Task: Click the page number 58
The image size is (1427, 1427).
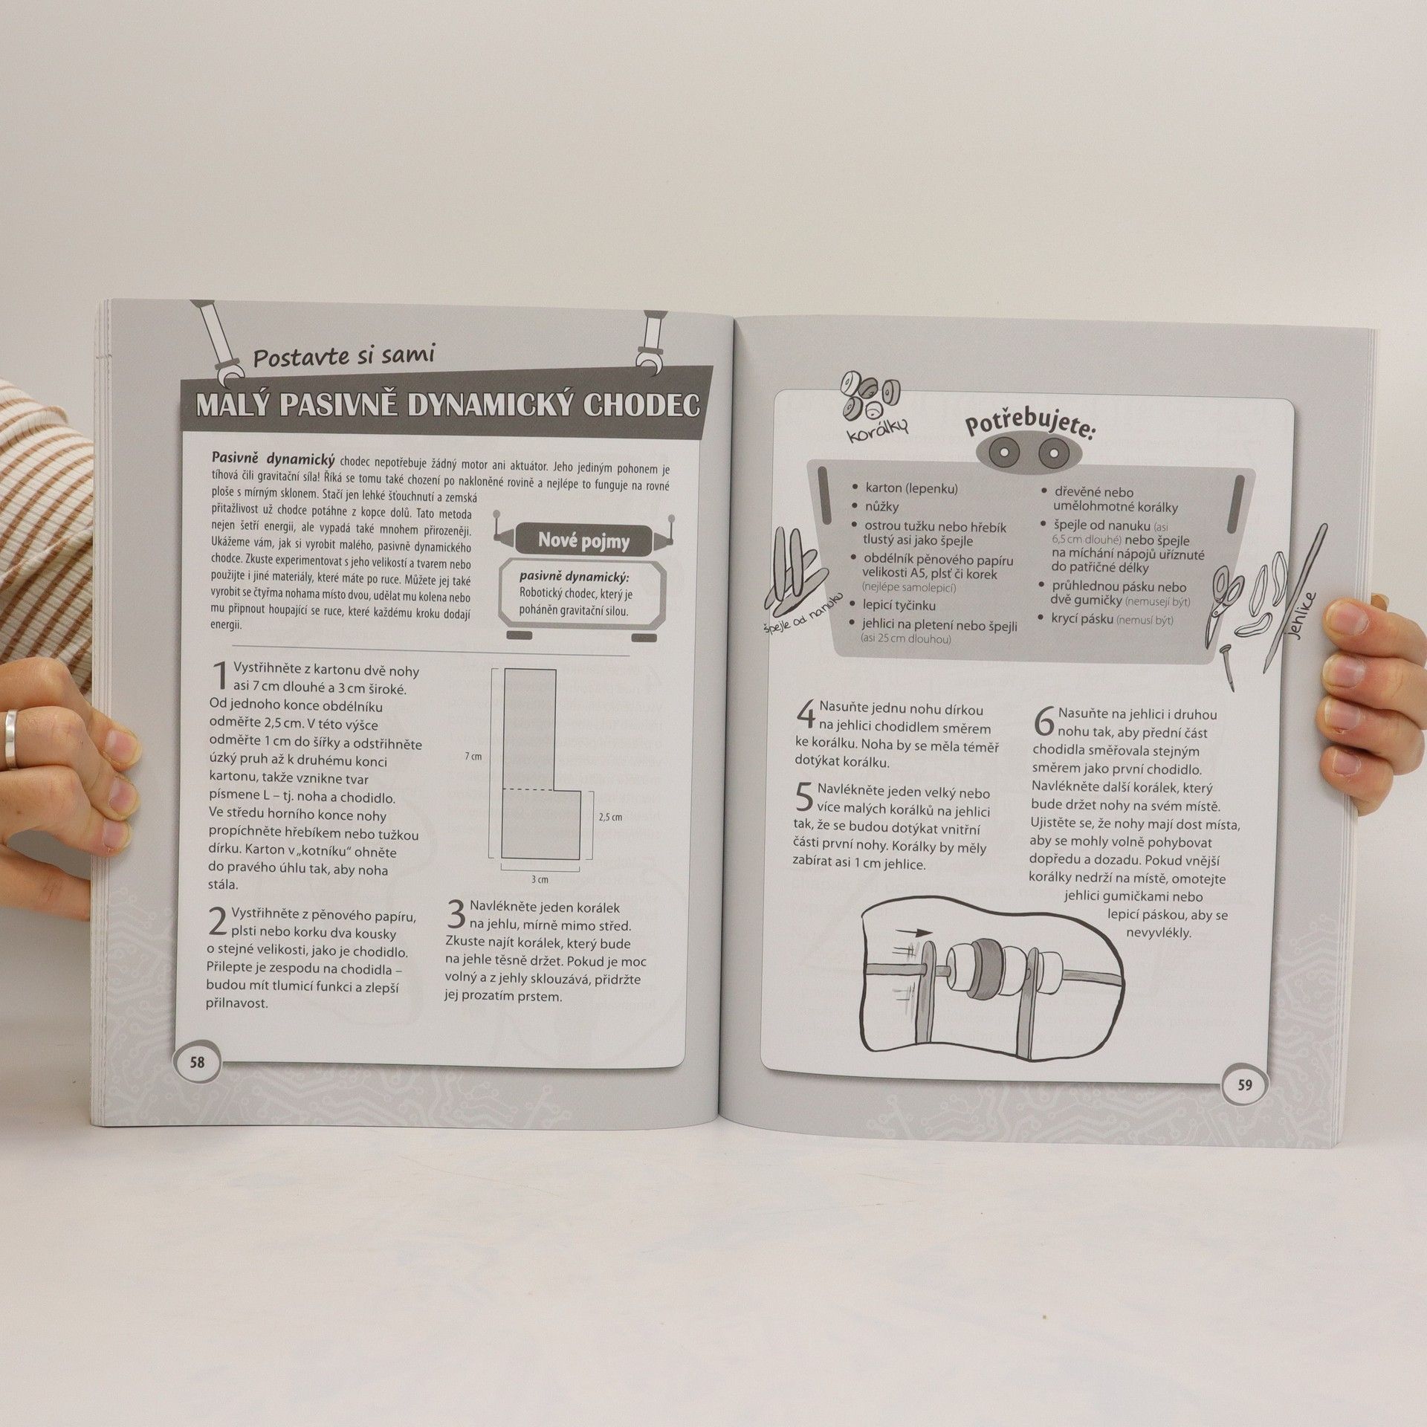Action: pos(196,1062)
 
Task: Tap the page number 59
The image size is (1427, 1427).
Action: pos(1246,1084)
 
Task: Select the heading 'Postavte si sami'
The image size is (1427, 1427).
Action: pos(344,357)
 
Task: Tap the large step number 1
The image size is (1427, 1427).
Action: pos(221,677)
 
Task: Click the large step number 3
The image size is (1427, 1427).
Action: pos(456,915)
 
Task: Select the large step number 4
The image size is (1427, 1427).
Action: pos(806,715)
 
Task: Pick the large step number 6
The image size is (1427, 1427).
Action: pos(1043,721)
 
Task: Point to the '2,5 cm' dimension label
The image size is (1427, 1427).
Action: pos(609,817)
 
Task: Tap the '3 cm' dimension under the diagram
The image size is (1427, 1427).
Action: pos(540,880)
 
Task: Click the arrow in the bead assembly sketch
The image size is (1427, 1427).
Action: pos(913,932)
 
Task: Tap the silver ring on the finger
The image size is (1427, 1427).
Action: pos(12,738)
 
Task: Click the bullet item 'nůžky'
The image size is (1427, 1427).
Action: pos(881,507)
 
